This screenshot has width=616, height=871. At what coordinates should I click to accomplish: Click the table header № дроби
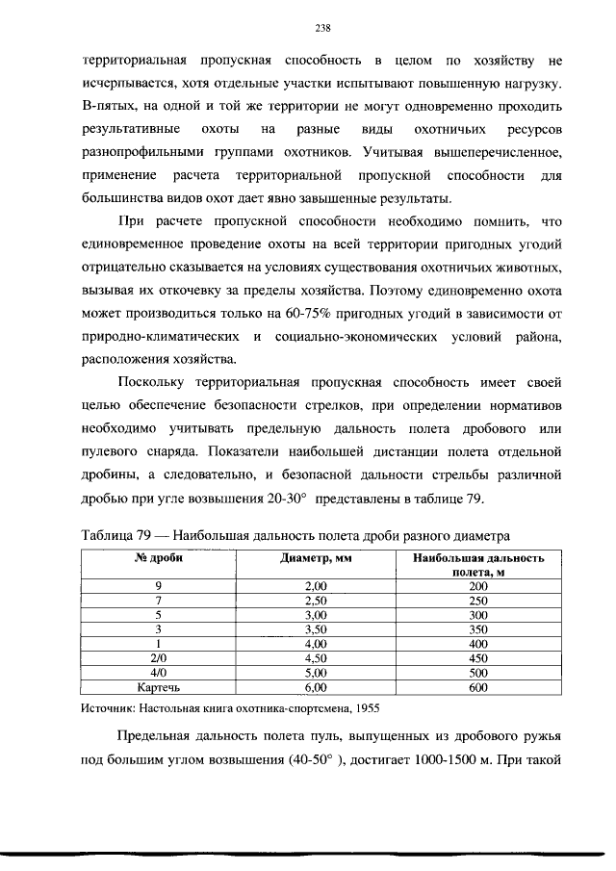(x=159, y=557)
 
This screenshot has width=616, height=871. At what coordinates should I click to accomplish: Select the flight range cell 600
(x=478, y=688)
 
